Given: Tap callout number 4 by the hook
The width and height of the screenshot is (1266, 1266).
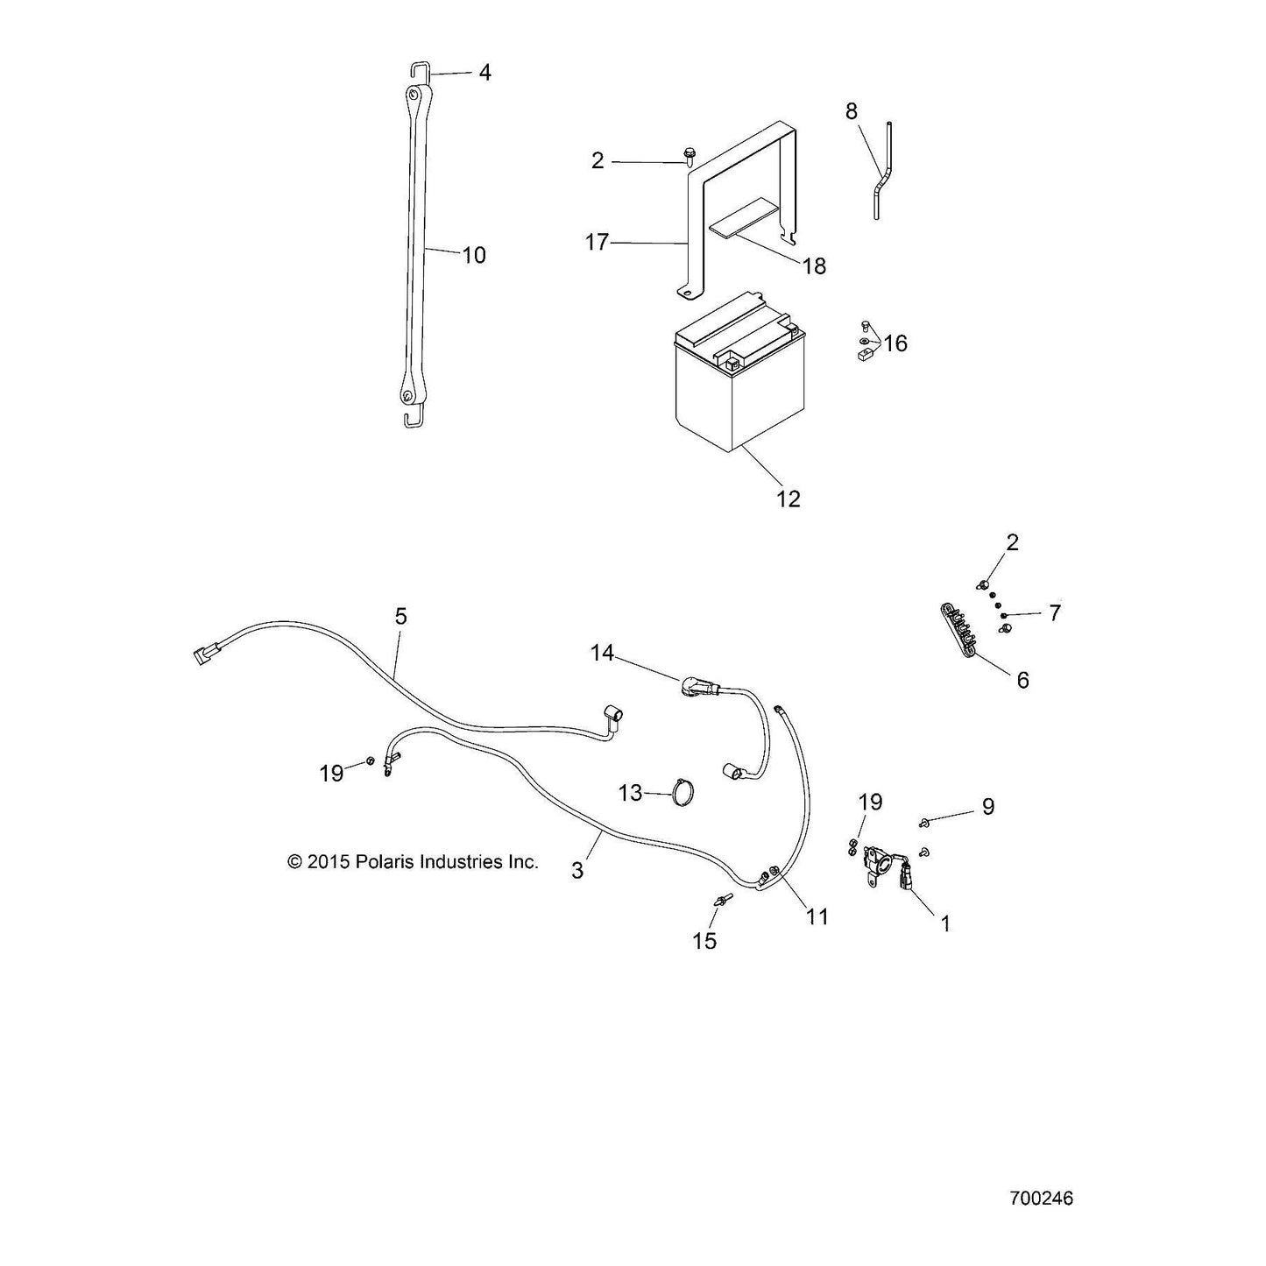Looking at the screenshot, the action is point(484,72).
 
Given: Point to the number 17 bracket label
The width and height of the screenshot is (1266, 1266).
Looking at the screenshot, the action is point(598,243).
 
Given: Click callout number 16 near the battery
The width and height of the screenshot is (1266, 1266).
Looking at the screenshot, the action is point(895,343).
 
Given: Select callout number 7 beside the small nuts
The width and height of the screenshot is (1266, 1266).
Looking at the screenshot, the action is point(1055,613).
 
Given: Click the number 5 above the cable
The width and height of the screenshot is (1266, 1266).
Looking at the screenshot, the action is point(400,616).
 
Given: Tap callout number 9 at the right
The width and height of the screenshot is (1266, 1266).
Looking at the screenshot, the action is point(988,807).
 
